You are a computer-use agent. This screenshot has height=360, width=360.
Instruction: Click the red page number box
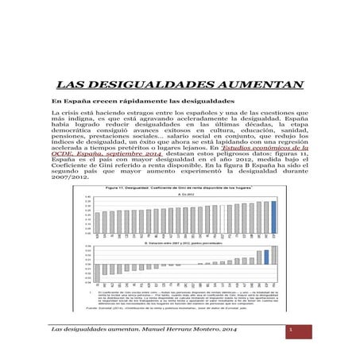pyautogui.click(x=291, y=329)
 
